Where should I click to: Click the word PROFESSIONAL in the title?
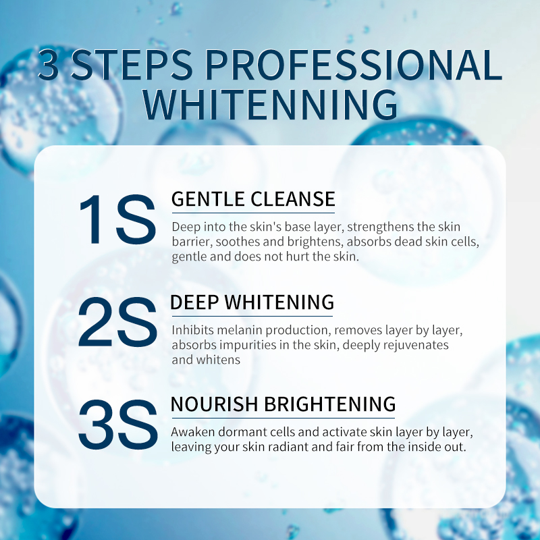[x=354, y=65]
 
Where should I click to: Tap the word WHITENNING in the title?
[x=271, y=105]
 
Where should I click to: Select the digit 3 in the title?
[x=48, y=65]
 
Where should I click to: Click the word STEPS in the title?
[x=131, y=65]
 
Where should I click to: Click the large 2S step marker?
[x=117, y=322]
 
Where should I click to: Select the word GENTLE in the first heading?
[x=208, y=199]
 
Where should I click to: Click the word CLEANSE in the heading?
[x=293, y=199]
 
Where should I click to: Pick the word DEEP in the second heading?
[x=194, y=302]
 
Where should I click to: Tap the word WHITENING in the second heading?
[x=279, y=302]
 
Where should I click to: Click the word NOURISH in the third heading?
[x=214, y=404]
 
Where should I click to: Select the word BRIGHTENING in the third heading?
[x=330, y=404]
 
